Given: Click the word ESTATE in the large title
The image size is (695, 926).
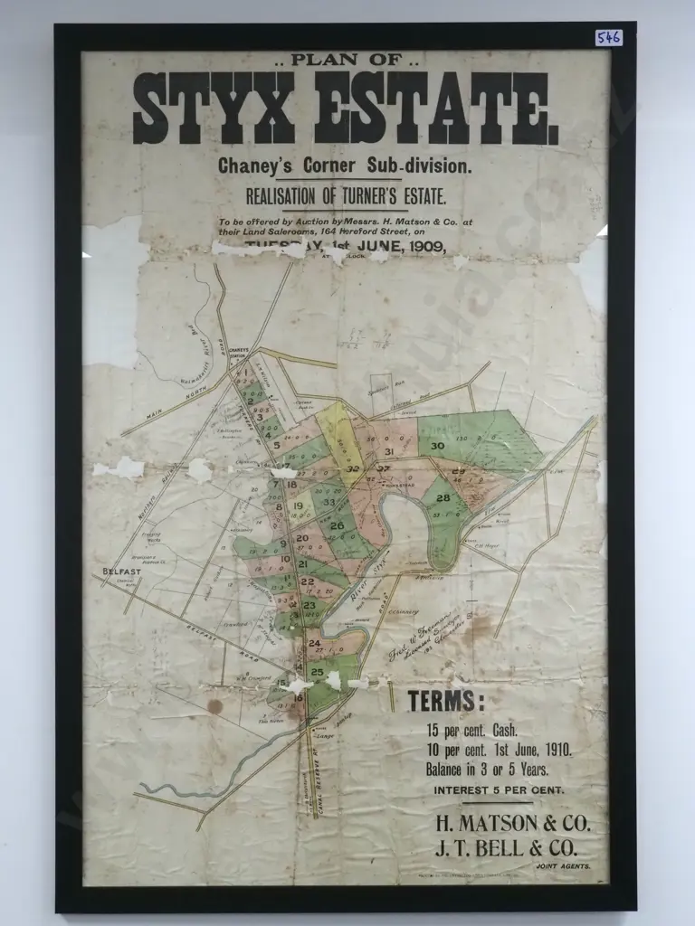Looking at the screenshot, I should (437, 109).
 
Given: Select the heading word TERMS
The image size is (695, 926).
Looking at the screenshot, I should (445, 701).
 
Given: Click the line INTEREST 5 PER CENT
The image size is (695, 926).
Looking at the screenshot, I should (498, 789).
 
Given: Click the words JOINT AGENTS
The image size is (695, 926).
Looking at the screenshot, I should (563, 866).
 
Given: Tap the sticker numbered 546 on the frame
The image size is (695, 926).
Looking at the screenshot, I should (608, 37).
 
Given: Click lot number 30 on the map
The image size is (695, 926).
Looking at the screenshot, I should (438, 446).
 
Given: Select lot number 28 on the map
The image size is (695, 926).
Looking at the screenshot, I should (443, 498).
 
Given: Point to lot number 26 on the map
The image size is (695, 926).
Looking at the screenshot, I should (337, 526).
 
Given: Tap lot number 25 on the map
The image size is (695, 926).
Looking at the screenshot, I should (317, 672).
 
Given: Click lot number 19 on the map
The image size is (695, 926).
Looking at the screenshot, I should (297, 506).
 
